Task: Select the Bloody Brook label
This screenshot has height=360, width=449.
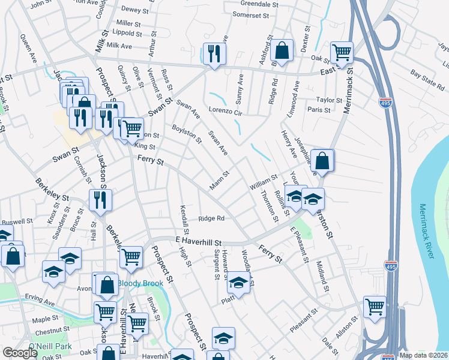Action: point(137,283)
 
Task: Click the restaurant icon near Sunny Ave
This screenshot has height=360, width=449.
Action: point(214,53)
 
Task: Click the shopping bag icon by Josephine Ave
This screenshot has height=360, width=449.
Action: point(322,160)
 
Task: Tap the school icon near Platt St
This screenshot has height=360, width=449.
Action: point(238,282)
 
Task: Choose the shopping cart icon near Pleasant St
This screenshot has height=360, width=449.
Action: point(375,307)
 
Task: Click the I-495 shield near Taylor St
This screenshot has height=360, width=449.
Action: point(386,102)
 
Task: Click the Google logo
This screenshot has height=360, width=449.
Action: point(20,353)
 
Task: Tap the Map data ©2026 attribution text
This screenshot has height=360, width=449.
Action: point(423,355)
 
